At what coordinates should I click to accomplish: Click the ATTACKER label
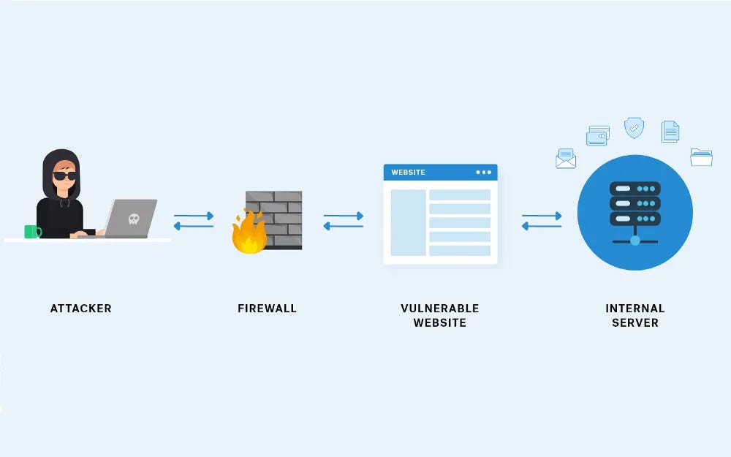point(80,309)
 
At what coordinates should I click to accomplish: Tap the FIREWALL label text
point(267,309)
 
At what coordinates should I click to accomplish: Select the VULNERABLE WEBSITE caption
point(439,315)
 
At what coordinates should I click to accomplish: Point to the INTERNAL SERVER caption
point(635,315)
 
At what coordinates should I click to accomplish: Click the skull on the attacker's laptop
point(133,219)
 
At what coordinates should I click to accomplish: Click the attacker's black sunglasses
point(64,175)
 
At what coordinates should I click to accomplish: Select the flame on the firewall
point(249,233)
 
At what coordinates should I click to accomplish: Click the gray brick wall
point(276,218)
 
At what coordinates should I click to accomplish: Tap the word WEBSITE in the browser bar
point(408,173)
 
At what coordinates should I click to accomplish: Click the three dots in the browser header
point(483,173)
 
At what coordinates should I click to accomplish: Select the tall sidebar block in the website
point(408,223)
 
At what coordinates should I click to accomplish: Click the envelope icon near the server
point(566,159)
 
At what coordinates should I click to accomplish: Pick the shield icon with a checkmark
point(634,128)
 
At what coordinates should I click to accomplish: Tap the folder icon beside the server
point(701,156)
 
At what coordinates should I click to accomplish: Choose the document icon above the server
point(670,132)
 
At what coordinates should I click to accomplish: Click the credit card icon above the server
point(597,136)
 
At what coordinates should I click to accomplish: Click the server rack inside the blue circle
point(635,204)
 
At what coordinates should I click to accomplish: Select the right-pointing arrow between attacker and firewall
point(194,216)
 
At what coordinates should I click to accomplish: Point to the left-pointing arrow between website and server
point(542,227)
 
